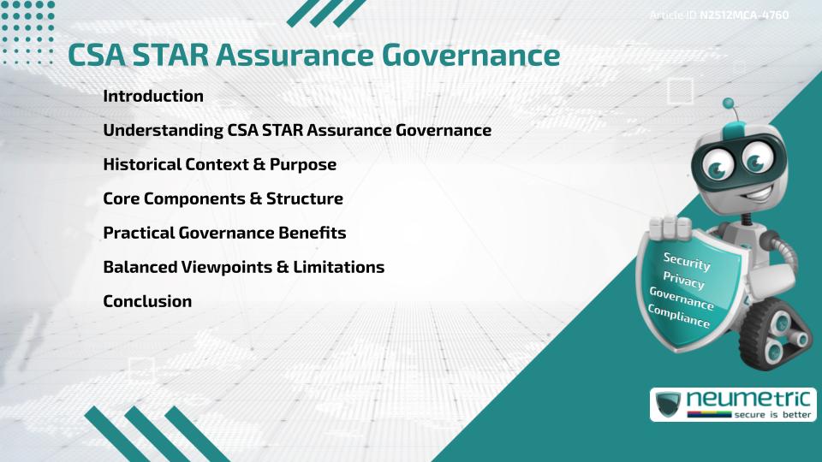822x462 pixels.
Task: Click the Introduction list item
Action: click(x=153, y=96)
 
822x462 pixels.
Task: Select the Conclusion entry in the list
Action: click(x=147, y=301)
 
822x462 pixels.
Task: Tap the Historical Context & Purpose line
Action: click(x=219, y=164)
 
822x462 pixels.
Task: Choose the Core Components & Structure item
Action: click(x=223, y=198)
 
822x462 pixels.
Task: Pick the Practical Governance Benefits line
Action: click(x=224, y=233)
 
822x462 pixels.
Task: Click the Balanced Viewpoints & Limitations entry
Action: click(x=243, y=267)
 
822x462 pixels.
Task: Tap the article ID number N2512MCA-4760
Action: click(x=744, y=15)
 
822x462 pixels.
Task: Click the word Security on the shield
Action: click(x=687, y=261)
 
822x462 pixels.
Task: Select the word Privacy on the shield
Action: click(x=683, y=280)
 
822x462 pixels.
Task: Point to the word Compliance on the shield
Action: click(x=679, y=316)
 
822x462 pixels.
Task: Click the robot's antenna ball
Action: click(x=729, y=104)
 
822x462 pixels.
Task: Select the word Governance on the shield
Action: click(x=682, y=298)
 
